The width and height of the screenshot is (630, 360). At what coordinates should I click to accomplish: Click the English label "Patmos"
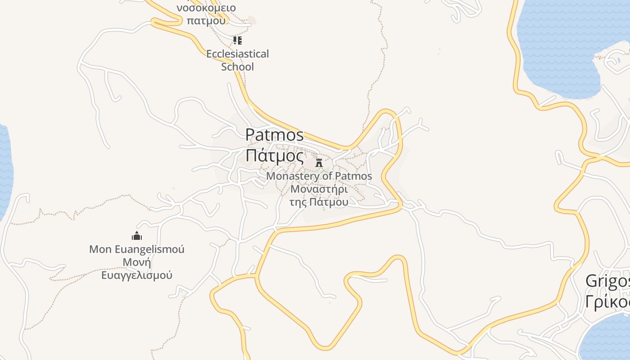click(274, 135)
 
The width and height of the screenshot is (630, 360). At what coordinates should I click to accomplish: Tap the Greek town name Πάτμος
click(274, 155)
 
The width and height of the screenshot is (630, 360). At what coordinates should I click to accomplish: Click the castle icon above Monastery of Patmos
click(319, 162)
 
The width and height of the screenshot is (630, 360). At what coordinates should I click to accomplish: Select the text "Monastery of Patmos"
click(319, 176)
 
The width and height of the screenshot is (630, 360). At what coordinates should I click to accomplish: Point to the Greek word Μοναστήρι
click(319, 189)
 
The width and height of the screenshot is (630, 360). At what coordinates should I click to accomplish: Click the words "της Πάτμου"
click(319, 202)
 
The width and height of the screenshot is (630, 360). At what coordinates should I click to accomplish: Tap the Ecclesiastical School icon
click(238, 41)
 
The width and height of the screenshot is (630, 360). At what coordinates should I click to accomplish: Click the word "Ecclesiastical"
click(238, 54)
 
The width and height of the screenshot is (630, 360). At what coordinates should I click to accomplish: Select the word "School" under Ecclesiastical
click(238, 67)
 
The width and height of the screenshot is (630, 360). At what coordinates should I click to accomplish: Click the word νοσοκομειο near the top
click(206, 8)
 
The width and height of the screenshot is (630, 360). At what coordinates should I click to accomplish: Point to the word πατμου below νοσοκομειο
click(206, 20)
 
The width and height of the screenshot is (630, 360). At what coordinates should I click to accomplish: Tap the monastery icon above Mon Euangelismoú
click(137, 236)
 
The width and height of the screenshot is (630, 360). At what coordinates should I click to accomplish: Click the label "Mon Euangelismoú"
click(137, 249)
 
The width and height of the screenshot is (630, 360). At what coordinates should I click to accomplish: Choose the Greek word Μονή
click(137, 262)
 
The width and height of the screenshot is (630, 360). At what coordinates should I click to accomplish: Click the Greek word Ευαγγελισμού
click(137, 275)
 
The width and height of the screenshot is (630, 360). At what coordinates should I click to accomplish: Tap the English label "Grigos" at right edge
click(608, 282)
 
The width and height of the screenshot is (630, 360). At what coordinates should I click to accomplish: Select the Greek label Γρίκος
click(608, 302)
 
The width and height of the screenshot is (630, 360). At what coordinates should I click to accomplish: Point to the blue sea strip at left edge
click(4, 171)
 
